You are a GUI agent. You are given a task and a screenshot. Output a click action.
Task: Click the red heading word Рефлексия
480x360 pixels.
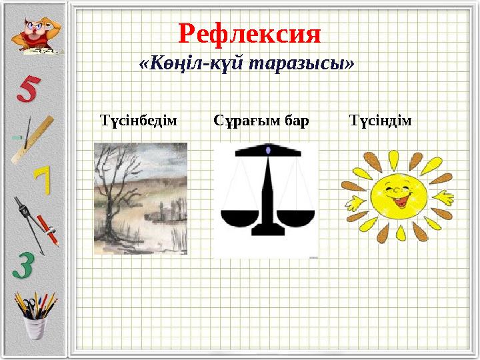(x=249, y=33)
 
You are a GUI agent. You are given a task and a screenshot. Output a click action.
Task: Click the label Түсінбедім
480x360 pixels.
(x=138, y=121)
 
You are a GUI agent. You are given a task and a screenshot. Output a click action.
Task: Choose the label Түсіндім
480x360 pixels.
(x=381, y=121)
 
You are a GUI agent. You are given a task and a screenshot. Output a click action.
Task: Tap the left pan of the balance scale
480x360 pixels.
(x=239, y=217)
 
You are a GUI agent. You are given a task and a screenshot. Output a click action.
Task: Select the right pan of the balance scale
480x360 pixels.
(x=297, y=217)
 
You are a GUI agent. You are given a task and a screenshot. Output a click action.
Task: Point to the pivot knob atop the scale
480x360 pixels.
(x=268, y=151)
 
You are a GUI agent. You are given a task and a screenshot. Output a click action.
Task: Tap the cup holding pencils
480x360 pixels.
(x=35, y=326)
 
